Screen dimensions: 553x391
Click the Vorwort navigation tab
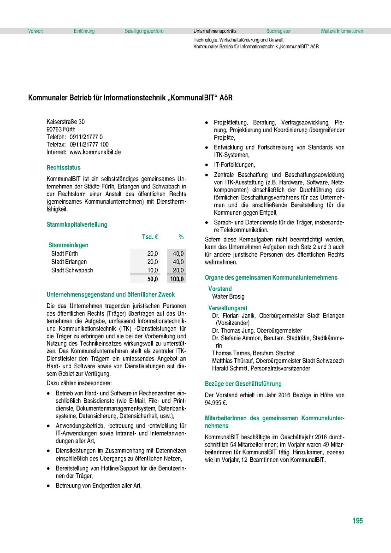coord(36,31)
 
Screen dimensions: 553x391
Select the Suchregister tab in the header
coord(278,31)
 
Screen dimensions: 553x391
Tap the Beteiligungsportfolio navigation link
coord(144,31)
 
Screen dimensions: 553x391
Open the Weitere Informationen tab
coord(342,31)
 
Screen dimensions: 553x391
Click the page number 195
coord(357,521)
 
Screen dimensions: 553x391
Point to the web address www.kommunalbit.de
coord(95,152)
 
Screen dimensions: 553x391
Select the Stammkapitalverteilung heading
coord(77,224)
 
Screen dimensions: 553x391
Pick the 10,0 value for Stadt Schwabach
coord(153,270)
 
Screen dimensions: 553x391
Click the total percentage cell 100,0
coord(177,279)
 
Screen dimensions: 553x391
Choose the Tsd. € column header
coord(150,236)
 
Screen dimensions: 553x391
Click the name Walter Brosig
coord(228,296)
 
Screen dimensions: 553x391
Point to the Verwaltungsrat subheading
coord(228,307)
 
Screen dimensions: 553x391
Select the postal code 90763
coord(54,129)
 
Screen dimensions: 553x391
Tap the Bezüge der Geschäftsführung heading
coord(243,383)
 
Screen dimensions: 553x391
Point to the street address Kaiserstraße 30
coord(66,122)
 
